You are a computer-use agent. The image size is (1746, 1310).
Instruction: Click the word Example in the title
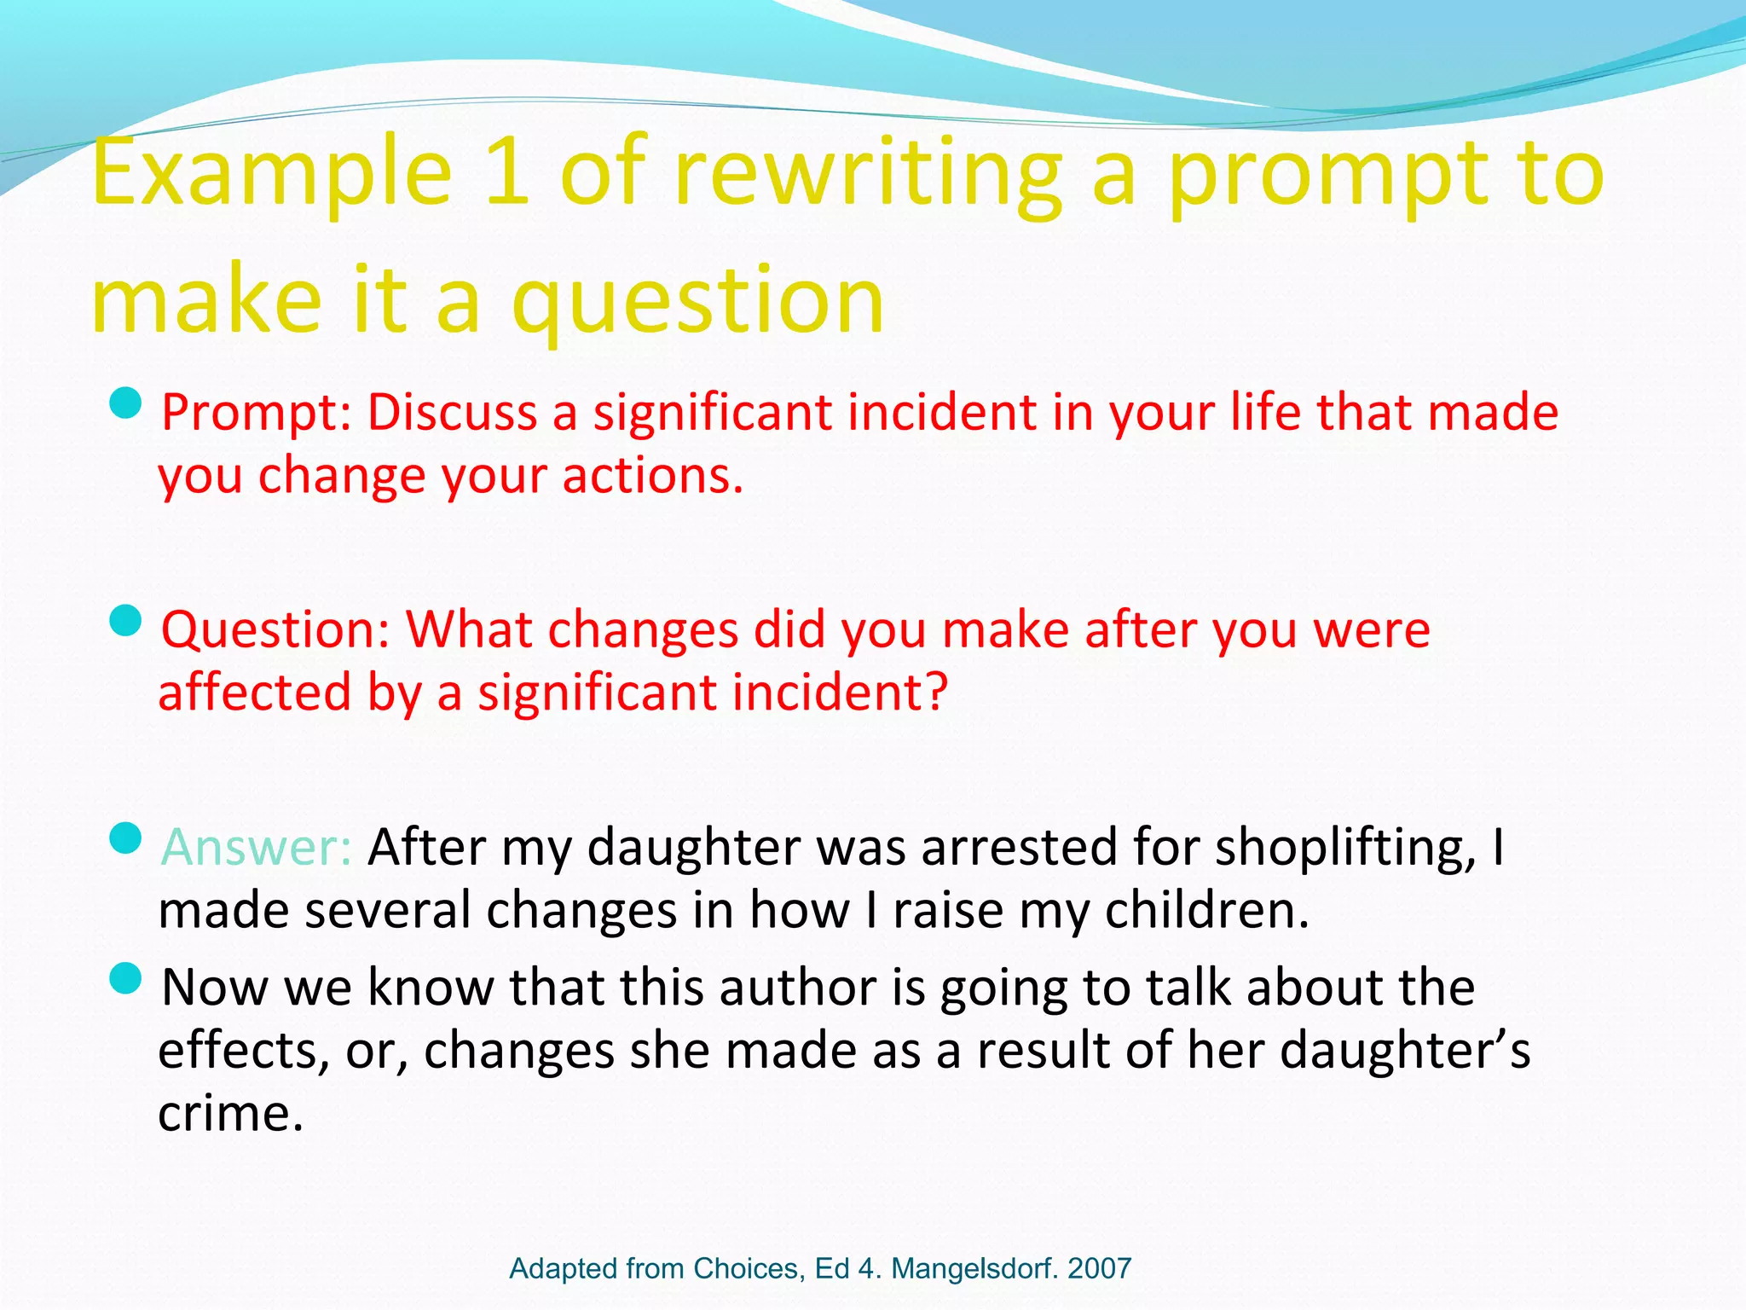click(271, 175)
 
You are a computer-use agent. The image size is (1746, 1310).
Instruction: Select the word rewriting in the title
click(867, 175)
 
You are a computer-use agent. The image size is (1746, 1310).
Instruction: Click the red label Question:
click(275, 630)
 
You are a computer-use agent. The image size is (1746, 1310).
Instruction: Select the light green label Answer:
click(257, 847)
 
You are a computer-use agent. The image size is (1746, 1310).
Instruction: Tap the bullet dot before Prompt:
click(125, 403)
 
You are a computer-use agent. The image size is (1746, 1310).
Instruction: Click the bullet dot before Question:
click(125, 621)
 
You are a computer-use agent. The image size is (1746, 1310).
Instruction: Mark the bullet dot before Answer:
click(125, 838)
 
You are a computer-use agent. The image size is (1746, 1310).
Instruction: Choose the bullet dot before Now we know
click(125, 978)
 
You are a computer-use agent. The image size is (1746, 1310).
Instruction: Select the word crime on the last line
click(230, 1113)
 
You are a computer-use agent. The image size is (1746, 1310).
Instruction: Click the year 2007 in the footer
click(1099, 1268)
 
